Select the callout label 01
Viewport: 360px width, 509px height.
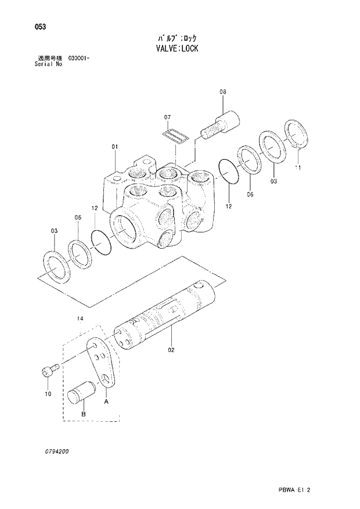click(115, 146)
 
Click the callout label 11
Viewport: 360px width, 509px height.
click(298, 169)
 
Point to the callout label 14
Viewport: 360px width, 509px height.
click(80, 318)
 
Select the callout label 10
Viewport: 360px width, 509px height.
click(48, 393)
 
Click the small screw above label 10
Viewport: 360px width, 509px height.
click(49, 370)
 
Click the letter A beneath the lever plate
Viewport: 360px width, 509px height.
click(106, 401)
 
